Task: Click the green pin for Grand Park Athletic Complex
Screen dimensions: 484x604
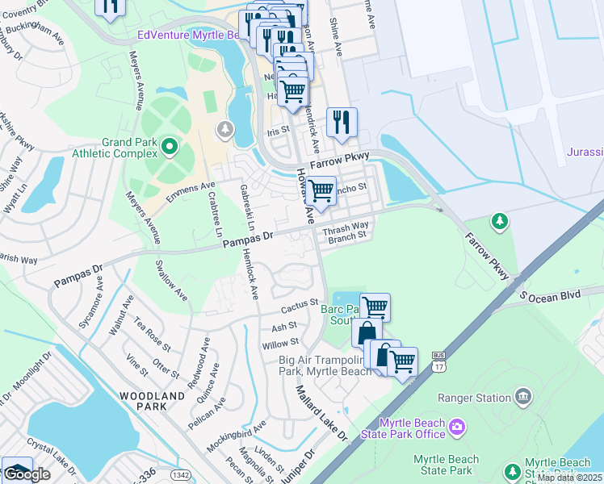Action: pyautogui.click(x=169, y=147)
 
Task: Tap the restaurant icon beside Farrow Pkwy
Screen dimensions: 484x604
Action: pyautogui.click(x=342, y=122)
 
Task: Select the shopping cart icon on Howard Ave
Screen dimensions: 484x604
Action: pyautogui.click(x=321, y=191)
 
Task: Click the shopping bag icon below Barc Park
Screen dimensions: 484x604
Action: pyautogui.click(x=367, y=332)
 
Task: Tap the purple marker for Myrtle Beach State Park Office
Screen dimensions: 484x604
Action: pyautogui.click(x=457, y=426)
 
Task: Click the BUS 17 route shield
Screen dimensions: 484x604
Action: pyautogui.click(x=438, y=359)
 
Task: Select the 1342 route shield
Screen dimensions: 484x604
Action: pyautogui.click(x=182, y=476)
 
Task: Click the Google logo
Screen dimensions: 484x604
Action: pyautogui.click(x=27, y=475)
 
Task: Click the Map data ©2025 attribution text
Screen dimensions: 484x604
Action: pyautogui.click(x=569, y=478)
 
